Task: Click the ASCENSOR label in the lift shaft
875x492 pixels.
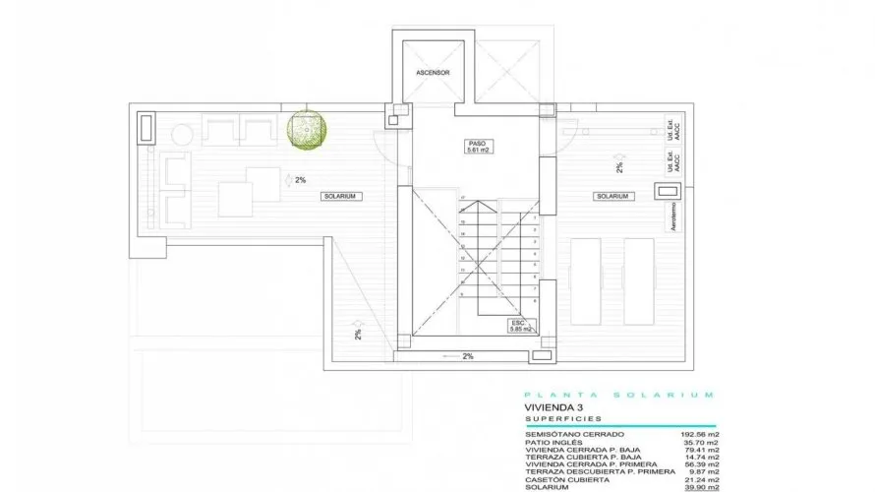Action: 432,72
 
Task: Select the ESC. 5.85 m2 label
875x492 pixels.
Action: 520,326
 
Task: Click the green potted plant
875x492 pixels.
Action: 308,131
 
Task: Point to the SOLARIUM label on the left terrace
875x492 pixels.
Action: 343,197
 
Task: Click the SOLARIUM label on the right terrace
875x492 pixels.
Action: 612,197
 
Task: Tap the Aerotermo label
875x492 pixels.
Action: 673,215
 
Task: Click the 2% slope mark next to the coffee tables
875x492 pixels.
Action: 301,180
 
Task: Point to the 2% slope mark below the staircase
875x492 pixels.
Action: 467,356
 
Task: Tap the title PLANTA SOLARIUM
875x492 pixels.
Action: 618,395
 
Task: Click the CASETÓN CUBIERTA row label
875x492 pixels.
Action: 566,478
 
